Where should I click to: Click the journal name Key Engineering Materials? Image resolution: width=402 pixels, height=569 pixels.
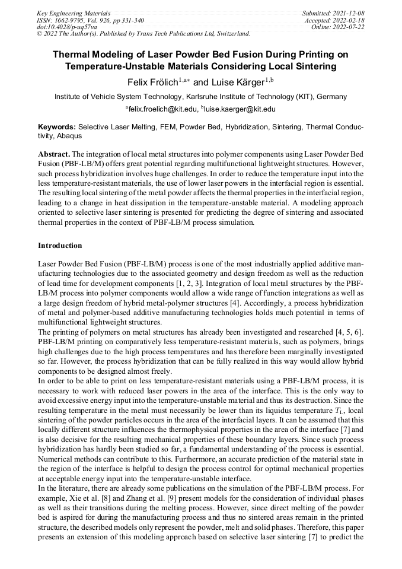74,13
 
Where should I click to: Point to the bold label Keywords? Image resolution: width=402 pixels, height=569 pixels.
56,127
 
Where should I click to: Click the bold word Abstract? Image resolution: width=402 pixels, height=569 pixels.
53,153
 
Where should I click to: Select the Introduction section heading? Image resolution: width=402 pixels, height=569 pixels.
60,245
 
